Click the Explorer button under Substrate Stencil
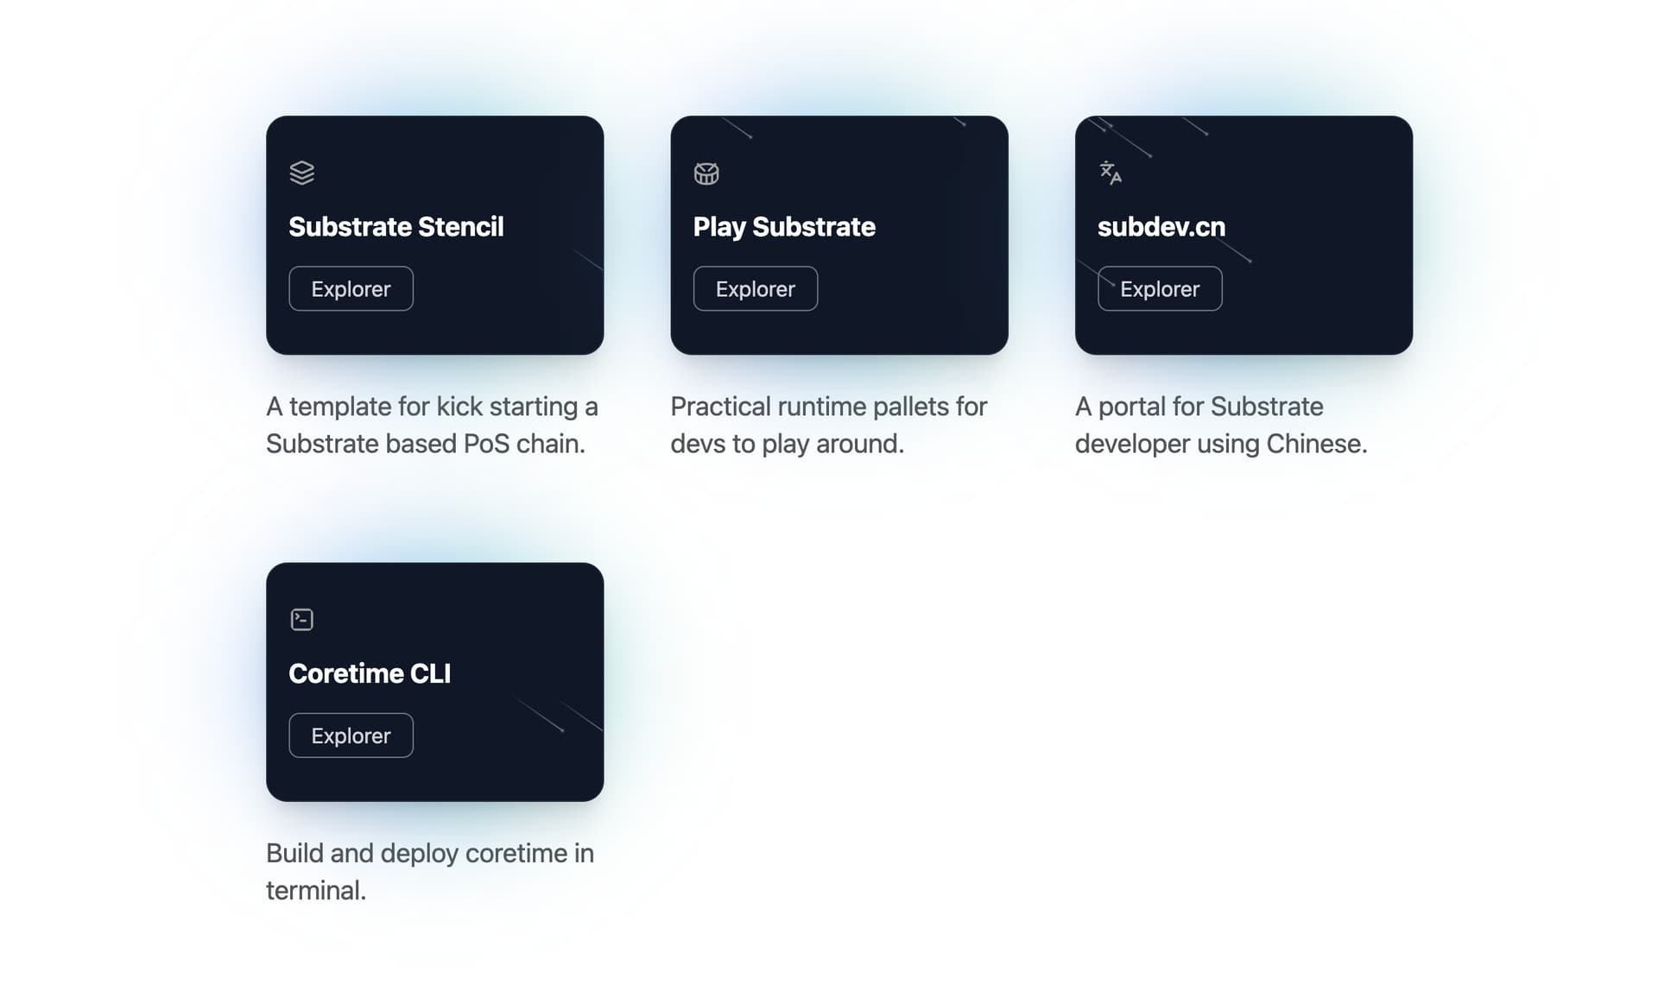coord(351,288)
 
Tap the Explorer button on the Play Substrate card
coord(756,288)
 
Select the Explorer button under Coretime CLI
coord(351,735)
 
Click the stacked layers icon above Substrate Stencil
coord(302,173)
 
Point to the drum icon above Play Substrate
coord(706,173)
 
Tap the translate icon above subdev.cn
coord(1111,173)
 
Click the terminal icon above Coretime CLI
coord(302,620)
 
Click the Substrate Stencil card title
coord(396,227)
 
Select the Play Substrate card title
coord(784,227)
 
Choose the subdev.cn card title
coord(1161,227)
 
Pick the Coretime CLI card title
coord(370,673)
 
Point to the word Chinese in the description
coord(1317,444)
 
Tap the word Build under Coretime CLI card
coord(294,854)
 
